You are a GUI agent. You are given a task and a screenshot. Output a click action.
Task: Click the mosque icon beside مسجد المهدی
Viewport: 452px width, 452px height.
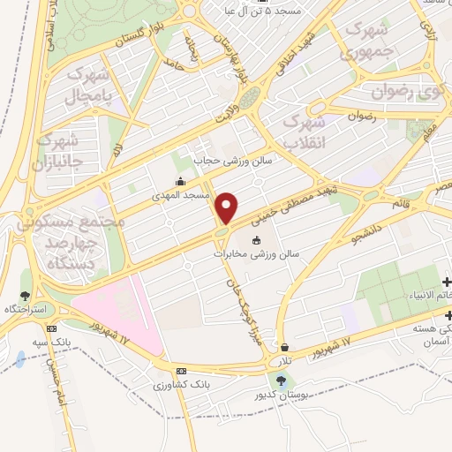[180, 182]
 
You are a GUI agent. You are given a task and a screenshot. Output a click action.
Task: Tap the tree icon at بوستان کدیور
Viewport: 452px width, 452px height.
[281, 380]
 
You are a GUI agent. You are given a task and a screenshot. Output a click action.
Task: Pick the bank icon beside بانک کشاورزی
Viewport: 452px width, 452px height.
[182, 372]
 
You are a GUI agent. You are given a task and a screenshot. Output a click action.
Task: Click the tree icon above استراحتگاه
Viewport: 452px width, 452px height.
[26, 296]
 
